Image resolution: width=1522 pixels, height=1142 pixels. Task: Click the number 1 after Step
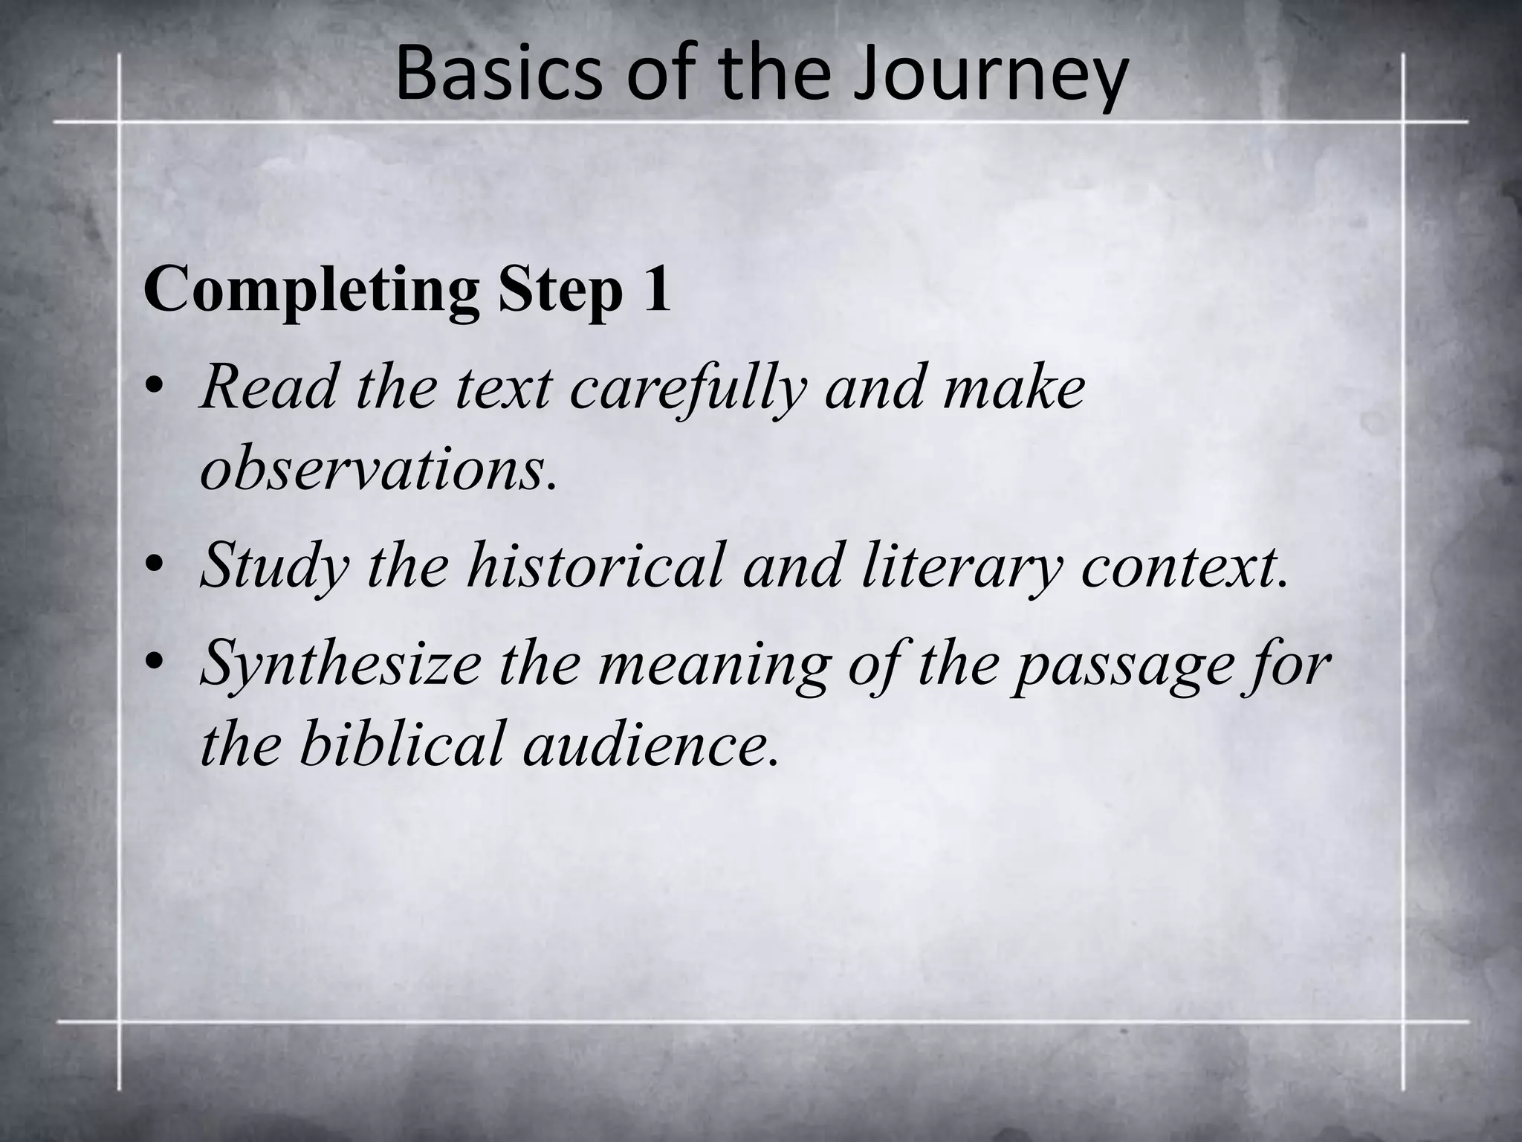[657, 290]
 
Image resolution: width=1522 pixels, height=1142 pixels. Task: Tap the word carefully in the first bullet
[688, 390]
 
